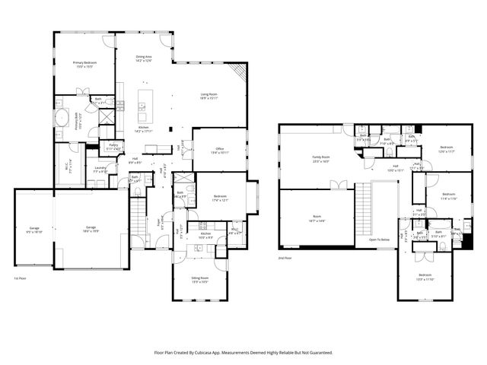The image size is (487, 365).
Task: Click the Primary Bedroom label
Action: point(85,64)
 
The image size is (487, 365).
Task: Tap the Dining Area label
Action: point(144,58)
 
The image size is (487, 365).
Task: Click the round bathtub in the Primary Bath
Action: point(61,118)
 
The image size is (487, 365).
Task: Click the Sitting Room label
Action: point(199,278)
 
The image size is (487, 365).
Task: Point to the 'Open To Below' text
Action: point(380,240)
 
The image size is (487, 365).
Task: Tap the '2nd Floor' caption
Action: point(286,258)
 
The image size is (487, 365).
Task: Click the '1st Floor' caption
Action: point(21,279)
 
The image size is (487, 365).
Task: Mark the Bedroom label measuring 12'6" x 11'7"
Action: point(446,149)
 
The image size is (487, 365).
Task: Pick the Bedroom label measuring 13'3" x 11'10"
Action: point(424,276)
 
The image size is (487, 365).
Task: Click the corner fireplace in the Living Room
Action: point(240,75)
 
